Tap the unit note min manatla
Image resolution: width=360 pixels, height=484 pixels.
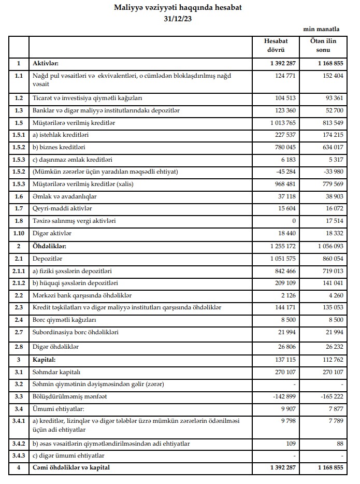(x=322, y=31)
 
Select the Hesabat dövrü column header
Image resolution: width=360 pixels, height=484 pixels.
(x=276, y=46)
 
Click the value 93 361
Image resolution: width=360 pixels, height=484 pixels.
(x=330, y=98)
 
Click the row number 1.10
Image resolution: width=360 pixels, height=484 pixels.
(x=19, y=234)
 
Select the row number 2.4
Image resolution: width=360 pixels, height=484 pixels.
(x=19, y=321)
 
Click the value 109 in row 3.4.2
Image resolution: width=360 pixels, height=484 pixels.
(x=290, y=444)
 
